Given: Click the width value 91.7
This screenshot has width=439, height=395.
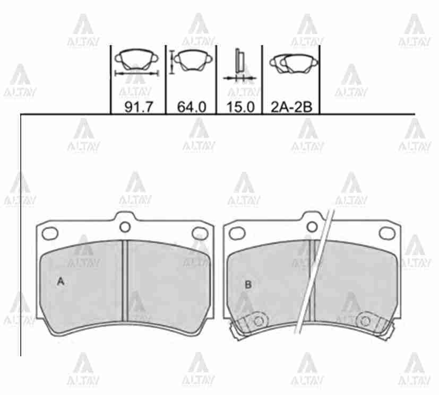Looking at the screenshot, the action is [139, 107].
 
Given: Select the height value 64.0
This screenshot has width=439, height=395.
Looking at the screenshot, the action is [192, 107].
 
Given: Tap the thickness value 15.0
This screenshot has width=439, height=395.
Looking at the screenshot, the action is [240, 107].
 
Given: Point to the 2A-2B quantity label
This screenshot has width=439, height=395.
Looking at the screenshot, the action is [291, 107].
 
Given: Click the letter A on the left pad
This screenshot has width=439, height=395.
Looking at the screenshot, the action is [61, 282].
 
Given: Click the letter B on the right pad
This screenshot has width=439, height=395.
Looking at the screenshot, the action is [248, 285].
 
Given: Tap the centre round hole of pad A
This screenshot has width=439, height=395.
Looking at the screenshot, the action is [125, 227].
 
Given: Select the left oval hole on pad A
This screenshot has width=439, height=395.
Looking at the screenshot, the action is [50, 233].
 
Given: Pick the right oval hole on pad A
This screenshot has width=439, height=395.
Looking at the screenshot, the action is [200, 233].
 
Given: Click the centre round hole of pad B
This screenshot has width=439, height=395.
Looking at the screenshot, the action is [312, 227].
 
